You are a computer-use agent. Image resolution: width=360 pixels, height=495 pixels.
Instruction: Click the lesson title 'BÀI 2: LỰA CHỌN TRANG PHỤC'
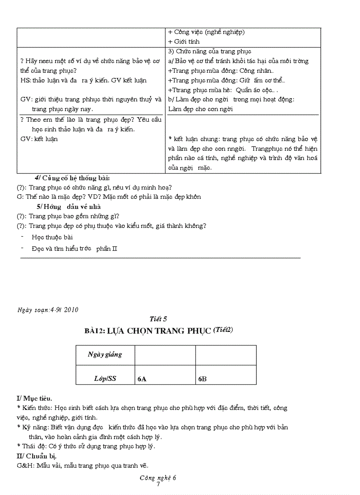[148, 331]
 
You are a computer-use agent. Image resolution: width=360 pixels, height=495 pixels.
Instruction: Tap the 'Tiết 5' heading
[158, 319]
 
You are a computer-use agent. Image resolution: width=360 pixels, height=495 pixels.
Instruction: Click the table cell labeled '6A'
[142, 379]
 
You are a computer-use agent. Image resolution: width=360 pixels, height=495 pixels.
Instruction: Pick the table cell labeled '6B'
[202, 379]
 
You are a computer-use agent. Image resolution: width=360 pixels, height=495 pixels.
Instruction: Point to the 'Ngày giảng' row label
[105, 354]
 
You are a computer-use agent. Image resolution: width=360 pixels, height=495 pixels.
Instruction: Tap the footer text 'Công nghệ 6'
[157, 478]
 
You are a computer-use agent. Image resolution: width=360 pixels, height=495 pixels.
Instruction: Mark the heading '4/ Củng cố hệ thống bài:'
[72, 178]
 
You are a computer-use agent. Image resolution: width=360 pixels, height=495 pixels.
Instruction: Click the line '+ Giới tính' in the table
[184, 41]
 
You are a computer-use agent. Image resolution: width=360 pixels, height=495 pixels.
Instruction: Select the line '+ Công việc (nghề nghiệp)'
[206, 32]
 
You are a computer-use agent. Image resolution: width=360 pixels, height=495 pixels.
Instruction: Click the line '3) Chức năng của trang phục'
[210, 51]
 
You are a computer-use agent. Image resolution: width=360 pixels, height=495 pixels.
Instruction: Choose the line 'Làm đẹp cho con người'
[201, 109]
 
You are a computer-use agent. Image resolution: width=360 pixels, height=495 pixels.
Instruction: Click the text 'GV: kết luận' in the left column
[39, 139]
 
